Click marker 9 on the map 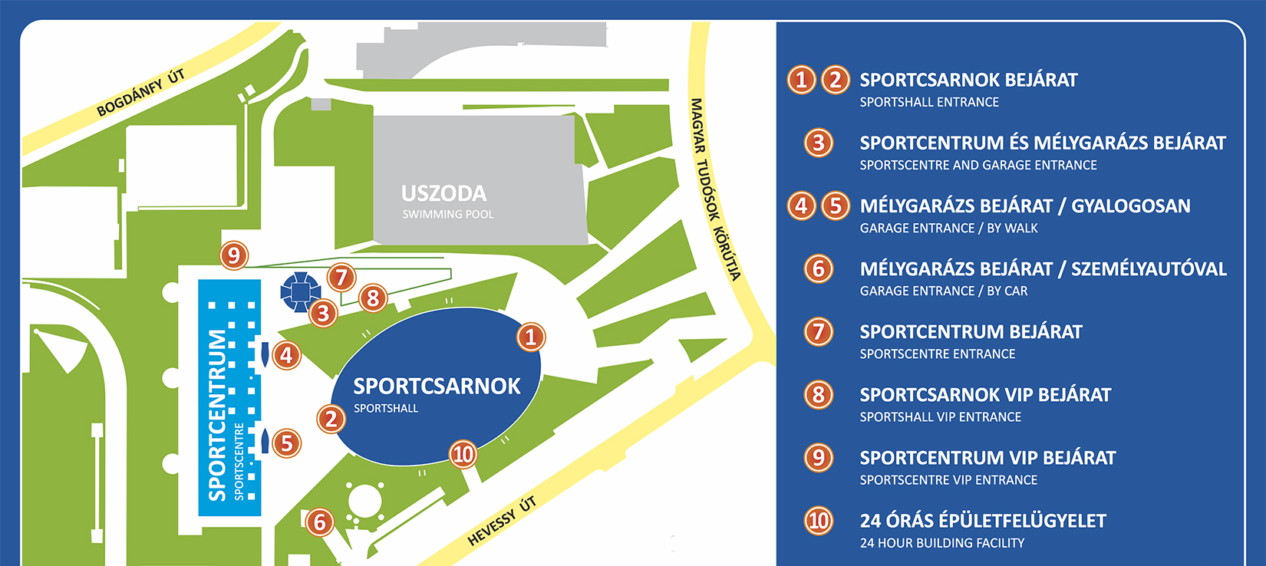(x=234, y=255)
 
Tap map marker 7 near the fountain (x=341, y=277)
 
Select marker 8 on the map (x=373, y=298)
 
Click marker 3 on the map (x=323, y=313)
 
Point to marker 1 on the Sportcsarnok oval (x=530, y=337)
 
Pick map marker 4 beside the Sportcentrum (x=286, y=355)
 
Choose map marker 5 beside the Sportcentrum (x=286, y=443)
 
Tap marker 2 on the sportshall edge (x=331, y=419)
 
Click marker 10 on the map (x=463, y=455)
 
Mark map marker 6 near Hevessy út (x=320, y=523)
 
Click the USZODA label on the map (x=443, y=193)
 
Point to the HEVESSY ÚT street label (x=502, y=522)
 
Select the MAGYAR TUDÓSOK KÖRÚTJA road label (x=715, y=189)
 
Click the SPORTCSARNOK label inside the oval (x=437, y=386)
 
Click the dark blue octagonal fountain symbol (x=300, y=291)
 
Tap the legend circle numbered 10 (x=818, y=521)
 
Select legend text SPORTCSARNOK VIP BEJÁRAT (x=985, y=395)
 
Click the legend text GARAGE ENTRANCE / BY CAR (x=943, y=291)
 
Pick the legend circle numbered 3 (x=818, y=143)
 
